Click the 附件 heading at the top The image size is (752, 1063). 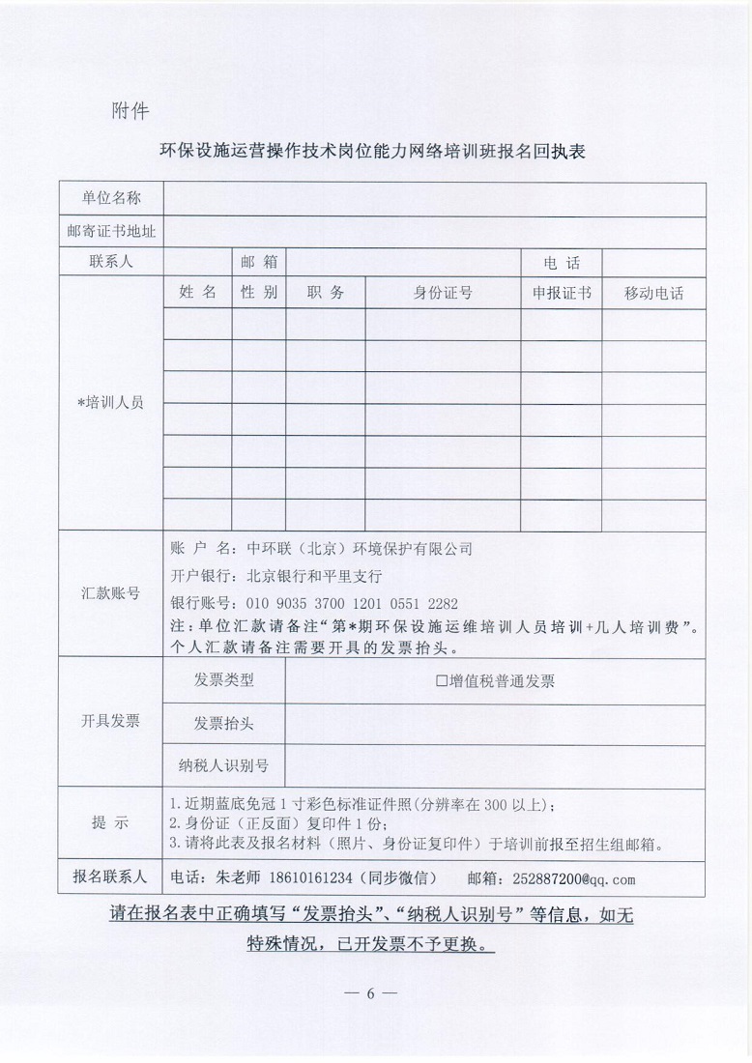130,110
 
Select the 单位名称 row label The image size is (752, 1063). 111,198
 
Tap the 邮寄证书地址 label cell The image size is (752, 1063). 111,231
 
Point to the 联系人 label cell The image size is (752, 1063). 111,262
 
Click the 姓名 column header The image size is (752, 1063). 197,293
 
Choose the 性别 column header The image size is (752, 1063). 259,293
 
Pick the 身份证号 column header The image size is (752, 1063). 443,294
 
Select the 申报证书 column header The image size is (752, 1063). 562,294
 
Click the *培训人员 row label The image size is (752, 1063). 111,403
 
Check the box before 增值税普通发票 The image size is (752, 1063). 442,681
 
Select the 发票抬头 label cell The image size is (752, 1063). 224,723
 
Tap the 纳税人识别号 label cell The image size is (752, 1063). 224,766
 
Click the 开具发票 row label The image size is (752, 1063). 111,722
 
